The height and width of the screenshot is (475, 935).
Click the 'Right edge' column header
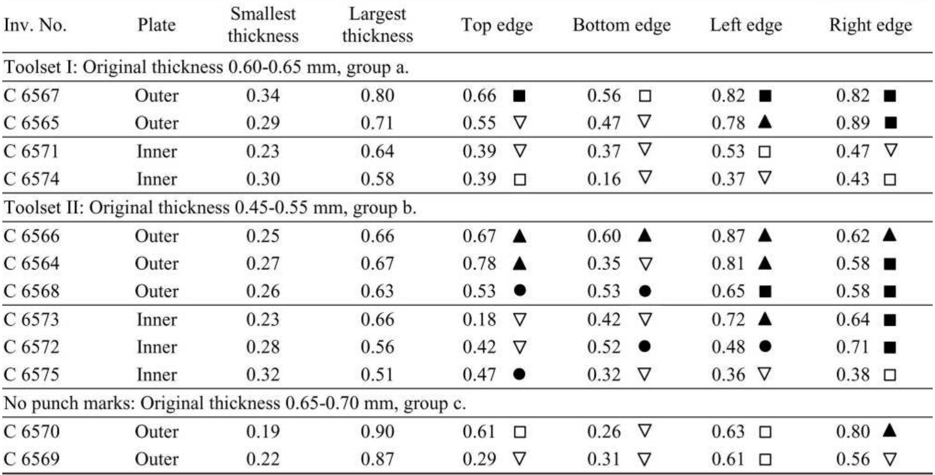tap(870, 25)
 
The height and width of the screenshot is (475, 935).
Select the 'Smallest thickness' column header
tap(263, 25)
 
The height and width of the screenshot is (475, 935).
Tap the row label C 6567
tap(31, 96)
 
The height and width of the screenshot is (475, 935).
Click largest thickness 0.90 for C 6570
tap(377, 432)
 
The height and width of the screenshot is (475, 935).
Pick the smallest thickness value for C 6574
tap(263, 179)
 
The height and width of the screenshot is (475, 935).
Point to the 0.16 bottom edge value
tap(604, 179)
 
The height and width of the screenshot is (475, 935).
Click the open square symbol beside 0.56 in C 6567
tap(645, 96)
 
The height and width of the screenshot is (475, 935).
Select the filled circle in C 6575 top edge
tap(519, 374)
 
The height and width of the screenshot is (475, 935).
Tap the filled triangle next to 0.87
tap(765, 236)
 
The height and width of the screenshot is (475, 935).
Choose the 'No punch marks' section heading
tap(234, 403)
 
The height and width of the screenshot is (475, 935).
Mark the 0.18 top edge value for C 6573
tap(479, 320)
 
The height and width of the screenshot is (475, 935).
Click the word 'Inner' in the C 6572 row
tap(156, 347)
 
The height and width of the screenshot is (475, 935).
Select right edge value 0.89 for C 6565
tap(853, 123)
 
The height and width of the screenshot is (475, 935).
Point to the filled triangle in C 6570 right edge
tap(890, 431)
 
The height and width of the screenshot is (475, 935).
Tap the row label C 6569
tap(31, 459)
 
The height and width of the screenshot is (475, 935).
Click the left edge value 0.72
tap(728, 320)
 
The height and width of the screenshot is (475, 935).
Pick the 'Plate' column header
tap(156, 25)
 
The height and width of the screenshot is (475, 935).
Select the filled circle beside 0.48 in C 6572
tap(765, 346)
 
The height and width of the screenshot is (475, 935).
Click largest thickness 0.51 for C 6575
tap(377, 375)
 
